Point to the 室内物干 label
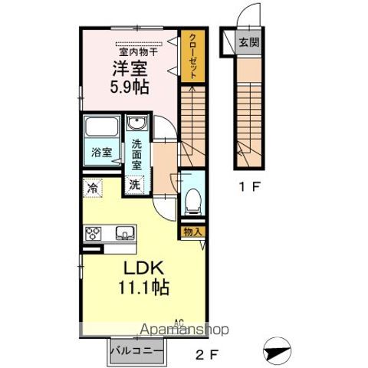pyautogui.click(x=139, y=51)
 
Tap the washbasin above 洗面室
pyautogui.click(x=136, y=127)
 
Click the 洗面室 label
pyautogui.click(x=136, y=152)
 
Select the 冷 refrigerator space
pyautogui.click(x=93, y=186)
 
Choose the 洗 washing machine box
pyautogui.click(x=134, y=184)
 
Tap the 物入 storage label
pyautogui.click(x=191, y=231)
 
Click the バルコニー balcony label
pyautogui.click(x=136, y=352)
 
